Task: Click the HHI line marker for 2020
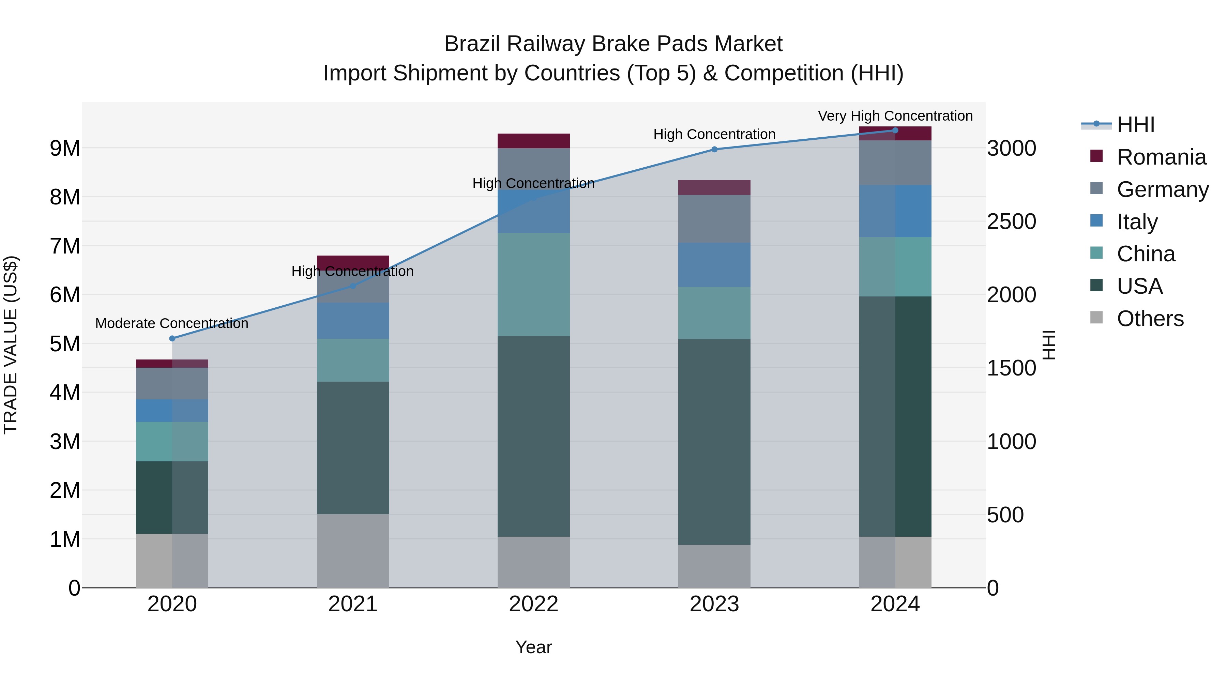coord(172,339)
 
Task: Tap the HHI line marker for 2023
coord(714,150)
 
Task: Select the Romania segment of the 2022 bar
coord(533,141)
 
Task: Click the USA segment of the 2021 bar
coord(353,448)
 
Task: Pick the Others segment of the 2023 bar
coord(714,566)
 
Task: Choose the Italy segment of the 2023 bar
coord(714,265)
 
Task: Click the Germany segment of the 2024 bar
coord(895,163)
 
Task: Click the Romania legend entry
coord(1161,157)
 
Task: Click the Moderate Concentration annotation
coord(172,324)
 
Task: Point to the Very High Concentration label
coord(895,116)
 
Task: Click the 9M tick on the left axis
coord(65,149)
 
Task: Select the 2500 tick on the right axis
coord(1011,222)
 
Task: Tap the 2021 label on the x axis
coord(353,604)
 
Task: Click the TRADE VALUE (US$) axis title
coord(11,345)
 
